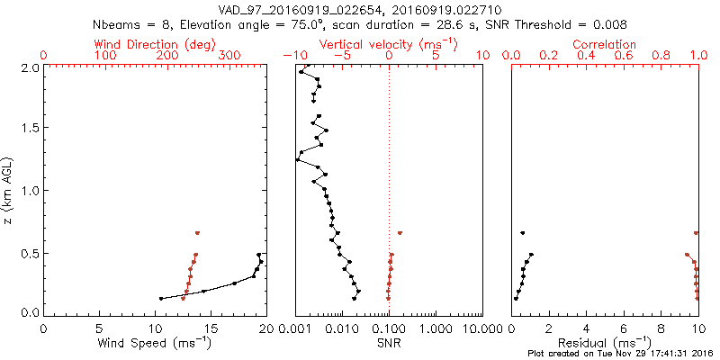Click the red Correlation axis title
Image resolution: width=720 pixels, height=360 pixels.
coord(605,44)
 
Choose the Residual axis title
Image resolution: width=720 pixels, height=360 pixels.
coord(605,343)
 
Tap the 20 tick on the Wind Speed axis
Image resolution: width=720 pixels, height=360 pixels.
coord(265,330)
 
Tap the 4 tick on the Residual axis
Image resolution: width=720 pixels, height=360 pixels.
coord(586,330)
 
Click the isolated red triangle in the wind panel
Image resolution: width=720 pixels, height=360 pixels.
coord(197,233)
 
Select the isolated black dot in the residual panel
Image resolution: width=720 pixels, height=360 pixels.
coord(523,233)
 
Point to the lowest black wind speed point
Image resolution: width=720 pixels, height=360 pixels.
coord(161,299)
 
